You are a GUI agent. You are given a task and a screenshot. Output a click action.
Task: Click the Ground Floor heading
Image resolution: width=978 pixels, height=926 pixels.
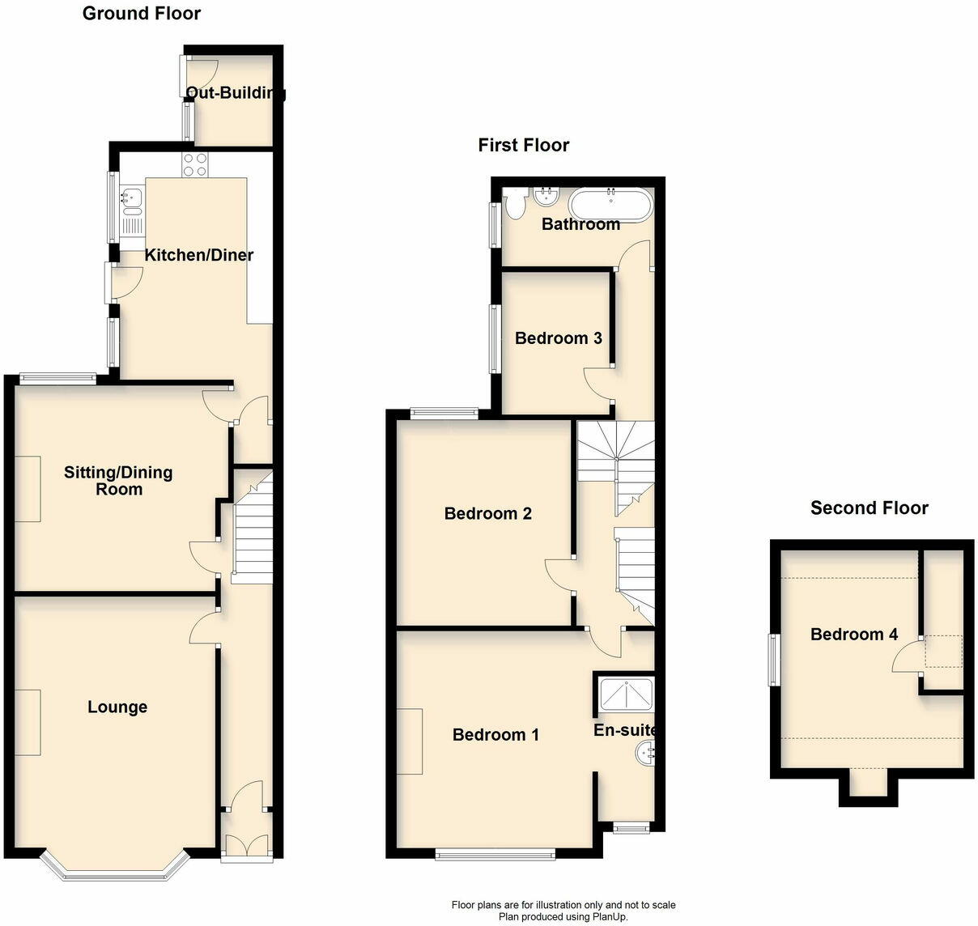pos(142,13)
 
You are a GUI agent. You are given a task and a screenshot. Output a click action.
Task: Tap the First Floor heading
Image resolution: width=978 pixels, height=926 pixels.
pos(524,145)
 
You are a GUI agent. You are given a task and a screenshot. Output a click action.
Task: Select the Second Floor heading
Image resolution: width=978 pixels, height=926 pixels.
pos(870,508)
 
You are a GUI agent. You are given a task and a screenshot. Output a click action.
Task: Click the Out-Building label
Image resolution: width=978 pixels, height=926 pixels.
pos(236,92)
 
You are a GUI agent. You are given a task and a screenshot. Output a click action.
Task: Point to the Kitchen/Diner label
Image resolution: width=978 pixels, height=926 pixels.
pos(199,255)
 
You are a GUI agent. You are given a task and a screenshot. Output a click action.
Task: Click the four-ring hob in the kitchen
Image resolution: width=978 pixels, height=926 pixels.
pos(195,164)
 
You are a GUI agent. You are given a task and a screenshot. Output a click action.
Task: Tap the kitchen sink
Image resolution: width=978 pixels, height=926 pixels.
pos(131,198)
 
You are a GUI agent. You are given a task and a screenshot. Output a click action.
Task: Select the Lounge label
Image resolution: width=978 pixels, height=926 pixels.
pos(117,707)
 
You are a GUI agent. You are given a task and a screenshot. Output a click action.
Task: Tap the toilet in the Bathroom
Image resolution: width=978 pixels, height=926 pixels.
pos(512,205)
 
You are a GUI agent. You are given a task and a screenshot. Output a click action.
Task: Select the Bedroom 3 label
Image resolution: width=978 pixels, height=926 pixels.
pos(559,338)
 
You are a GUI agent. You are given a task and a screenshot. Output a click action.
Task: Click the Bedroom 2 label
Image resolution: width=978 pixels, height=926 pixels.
pos(488,513)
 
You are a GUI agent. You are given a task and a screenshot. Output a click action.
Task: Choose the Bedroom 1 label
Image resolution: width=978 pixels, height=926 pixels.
pos(495,734)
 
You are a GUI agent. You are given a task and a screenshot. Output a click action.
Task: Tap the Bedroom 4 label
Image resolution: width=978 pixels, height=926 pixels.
pos(854,634)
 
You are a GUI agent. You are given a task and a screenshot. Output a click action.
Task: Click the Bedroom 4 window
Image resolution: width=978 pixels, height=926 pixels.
pos(774,660)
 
